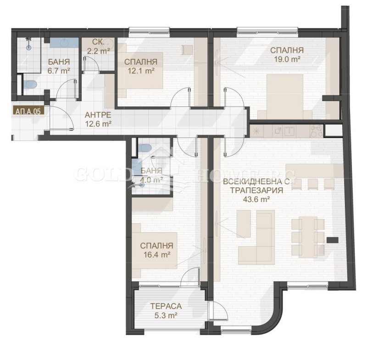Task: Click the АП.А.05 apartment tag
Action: click(x=27, y=111)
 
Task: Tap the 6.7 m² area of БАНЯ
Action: click(x=59, y=71)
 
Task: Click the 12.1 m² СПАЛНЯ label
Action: click(x=141, y=71)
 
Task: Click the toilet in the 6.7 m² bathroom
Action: click(x=31, y=84)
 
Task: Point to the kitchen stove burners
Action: click(x=315, y=131)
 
